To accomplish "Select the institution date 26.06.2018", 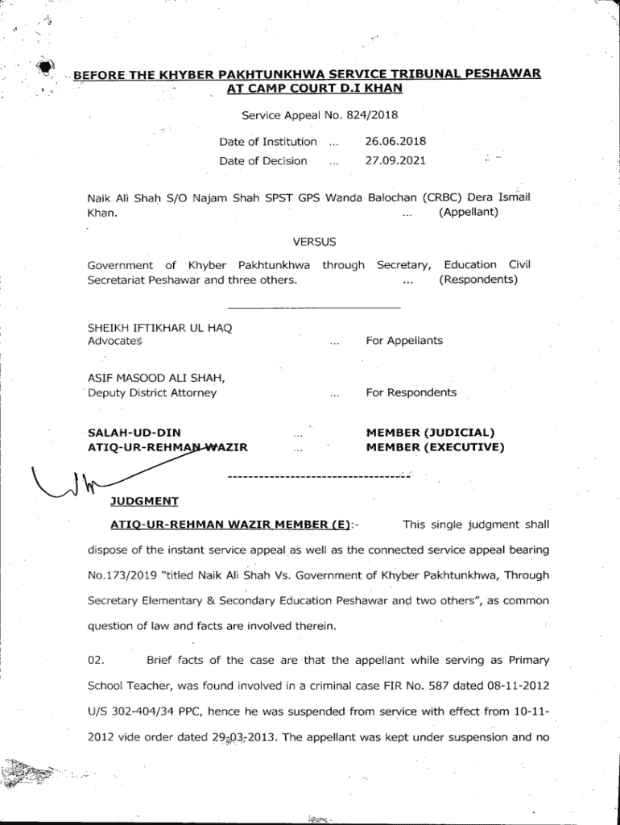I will pyautogui.click(x=395, y=142).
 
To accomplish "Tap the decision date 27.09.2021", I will pyautogui.click(x=395, y=160).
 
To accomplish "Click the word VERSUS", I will pyautogui.click(x=315, y=241).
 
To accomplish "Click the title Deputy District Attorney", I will pyautogui.click(x=153, y=393).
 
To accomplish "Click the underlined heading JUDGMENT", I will pyautogui.click(x=144, y=501).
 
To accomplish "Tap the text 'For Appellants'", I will pyautogui.click(x=404, y=341).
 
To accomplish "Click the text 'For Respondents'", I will pyautogui.click(x=411, y=392).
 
